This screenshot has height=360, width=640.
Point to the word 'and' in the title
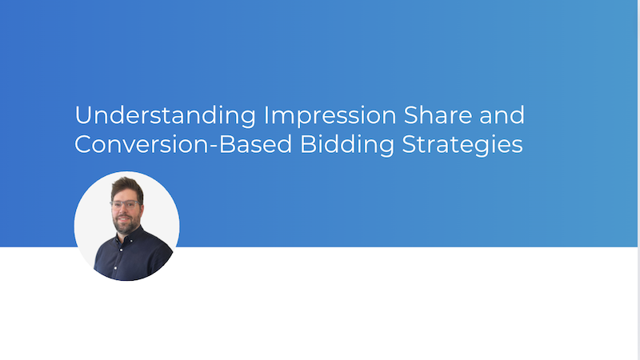tap(502, 115)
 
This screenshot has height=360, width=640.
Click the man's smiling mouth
tap(124, 219)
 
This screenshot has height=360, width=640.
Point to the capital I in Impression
tap(265, 115)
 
